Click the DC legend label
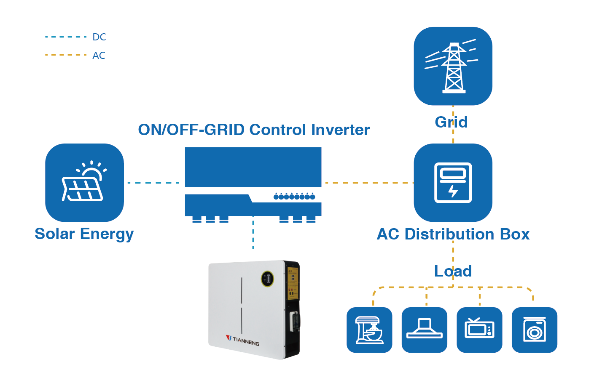click(x=99, y=37)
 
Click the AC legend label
click(x=99, y=56)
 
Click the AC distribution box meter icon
click(x=453, y=183)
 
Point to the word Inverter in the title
click(x=340, y=130)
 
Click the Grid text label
click(x=451, y=122)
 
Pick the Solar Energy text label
click(x=84, y=234)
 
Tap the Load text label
click(x=453, y=271)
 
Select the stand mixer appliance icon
click(x=369, y=330)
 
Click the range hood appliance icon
click(x=424, y=330)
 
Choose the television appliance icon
click(x=479, y=330)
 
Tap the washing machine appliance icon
click(x=534, y=330)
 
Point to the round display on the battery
click(x=267, y=278)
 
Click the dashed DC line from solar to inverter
click(x=153, y=183)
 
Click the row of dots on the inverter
click(x=294, y=197)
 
